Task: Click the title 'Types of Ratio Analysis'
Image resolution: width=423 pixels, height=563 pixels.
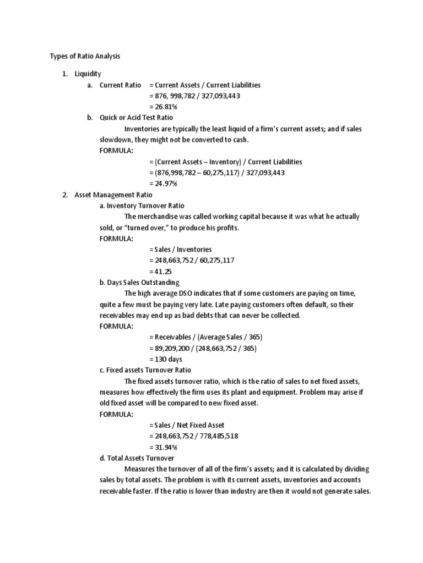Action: coord(85,56)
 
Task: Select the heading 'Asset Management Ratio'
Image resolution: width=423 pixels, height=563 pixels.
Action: coord(113,195)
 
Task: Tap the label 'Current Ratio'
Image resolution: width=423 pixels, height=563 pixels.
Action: coord(120,85)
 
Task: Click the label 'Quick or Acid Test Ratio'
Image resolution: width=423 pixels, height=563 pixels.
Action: coord(136,118)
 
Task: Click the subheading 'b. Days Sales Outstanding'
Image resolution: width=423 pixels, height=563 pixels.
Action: coord(139,283)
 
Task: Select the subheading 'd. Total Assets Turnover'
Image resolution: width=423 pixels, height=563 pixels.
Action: coord(137,458)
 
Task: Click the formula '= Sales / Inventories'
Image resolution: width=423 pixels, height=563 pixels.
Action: coord(180,249)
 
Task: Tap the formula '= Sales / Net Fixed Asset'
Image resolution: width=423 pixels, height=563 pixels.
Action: coord(187,425)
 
